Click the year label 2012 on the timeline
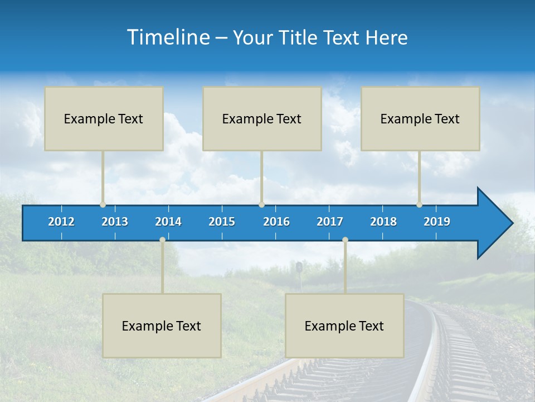(61, 222)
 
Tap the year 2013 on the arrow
(115, 222)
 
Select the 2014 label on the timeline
(168, 222)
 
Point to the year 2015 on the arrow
(222, 222)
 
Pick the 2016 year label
(276, 222)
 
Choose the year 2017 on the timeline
(330, 222)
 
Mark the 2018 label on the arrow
(383, 222)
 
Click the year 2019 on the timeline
(437, 222)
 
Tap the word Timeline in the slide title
(168, 37)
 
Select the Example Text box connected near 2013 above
(104, 118)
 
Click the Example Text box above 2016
(262, 118)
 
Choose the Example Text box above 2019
(420, 118)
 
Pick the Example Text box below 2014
(162, 326)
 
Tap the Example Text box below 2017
(344, 326)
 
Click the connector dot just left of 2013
(103, 204)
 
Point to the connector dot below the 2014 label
(162, 240)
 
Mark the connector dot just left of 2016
(261, 204)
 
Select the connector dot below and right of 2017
(345, 240)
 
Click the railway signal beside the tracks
(299, 267)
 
